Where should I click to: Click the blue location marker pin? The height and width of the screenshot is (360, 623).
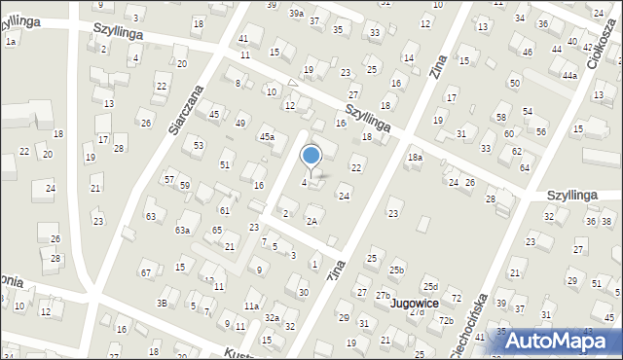click(x=311, y=157)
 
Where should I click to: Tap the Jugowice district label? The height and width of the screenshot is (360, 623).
click(x=414, y=303)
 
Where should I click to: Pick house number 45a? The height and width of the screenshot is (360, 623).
click(x=266, y=138)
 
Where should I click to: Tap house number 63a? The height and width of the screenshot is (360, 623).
click(x=182, y=231)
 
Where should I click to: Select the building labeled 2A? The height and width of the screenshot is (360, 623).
click(x=311, y=221)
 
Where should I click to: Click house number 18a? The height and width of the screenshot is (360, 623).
click(x=415, y=158)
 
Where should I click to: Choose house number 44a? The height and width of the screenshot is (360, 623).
click(x=569, y=75)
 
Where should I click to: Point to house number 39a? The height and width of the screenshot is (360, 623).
click(x=297, y=14)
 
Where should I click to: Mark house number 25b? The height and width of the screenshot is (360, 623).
click(x=396, y=270)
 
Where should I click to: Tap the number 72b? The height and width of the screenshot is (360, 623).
click(x=446, y=320)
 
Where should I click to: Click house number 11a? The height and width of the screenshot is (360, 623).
click(x=251, y=306)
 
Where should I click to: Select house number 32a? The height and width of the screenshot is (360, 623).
click(x=273, y=318)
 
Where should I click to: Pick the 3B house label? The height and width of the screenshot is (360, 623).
click(x=163, y=304)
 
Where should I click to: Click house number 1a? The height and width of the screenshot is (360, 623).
click(x=11, y=42)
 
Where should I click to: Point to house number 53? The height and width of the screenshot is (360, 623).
click(x=198, y=145)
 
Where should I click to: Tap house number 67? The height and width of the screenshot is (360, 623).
click(x=145, y=273)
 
